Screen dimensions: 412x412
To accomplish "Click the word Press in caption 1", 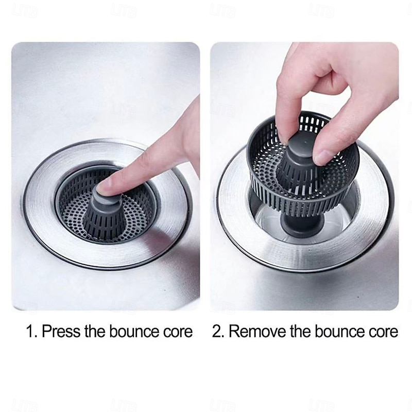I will pyautogui.click(x=61, y=331).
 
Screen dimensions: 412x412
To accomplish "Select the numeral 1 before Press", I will pyautogui.click(x=29, y=331).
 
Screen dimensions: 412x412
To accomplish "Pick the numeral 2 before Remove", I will pyautogui.click(x=217, y=331).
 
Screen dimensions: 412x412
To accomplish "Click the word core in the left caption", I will pyautogui.click(x=176, y=331).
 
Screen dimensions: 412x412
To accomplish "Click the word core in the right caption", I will pyautogui.click(x=382, y=331).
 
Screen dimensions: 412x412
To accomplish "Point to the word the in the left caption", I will pyautogui.click(x=94, y=331).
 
